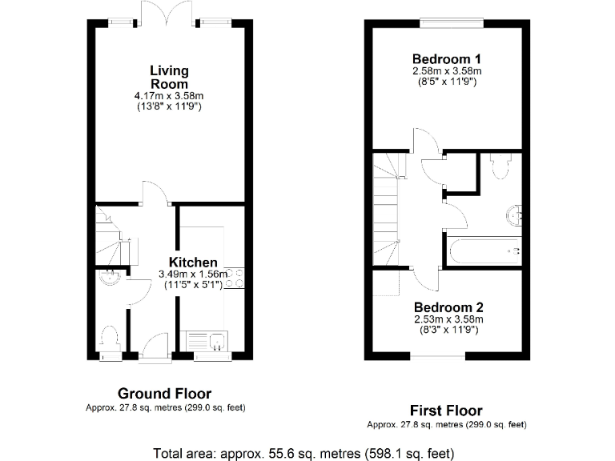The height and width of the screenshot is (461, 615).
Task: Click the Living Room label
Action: coord(169,78)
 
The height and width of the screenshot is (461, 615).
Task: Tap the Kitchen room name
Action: coord(193,263)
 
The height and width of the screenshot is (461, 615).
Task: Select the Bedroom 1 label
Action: coord(446,58)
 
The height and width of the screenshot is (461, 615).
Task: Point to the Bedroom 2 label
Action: coord(447,307)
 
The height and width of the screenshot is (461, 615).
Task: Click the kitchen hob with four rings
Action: coord(235,277)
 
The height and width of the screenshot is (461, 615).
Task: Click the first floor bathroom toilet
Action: coord(501,166)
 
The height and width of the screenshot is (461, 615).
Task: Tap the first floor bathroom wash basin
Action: coord(512,214)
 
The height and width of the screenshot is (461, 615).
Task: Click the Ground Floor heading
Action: coord(164,393)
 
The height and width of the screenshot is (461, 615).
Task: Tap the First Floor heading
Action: coord(446,411)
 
